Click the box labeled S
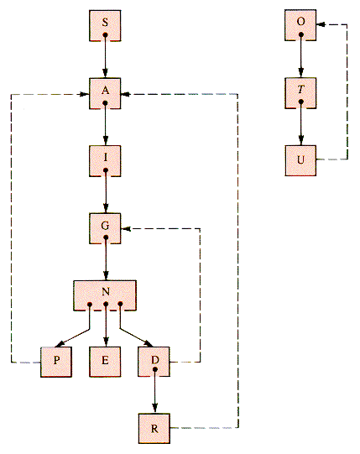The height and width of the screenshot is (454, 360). [105, 26]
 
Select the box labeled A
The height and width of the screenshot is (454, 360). [105, 93]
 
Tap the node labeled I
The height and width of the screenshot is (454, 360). [105, 161]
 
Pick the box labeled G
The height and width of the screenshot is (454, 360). [105, 228]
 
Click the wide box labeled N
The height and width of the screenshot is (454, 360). [105, 295]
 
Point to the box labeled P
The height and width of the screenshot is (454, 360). [56, 362]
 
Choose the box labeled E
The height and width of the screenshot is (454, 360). [105, 362]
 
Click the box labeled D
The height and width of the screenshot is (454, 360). [154, 362]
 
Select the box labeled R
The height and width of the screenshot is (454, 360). [154, 428]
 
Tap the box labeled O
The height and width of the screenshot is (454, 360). [300, 25]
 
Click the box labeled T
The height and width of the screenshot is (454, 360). [300, 93]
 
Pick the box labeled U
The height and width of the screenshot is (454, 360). [300, 160]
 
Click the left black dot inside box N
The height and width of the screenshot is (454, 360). [90, 305]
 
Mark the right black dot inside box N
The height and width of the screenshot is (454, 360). [120, 304]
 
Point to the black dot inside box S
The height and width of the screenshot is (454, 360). [105, 34]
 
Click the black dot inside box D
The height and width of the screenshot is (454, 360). [155, 369]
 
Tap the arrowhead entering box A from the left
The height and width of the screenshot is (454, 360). [85, 94]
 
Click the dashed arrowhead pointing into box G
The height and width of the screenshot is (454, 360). [125, 229]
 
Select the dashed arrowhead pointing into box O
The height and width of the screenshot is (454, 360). [321, 24]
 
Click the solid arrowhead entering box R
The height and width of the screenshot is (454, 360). [155, 409]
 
